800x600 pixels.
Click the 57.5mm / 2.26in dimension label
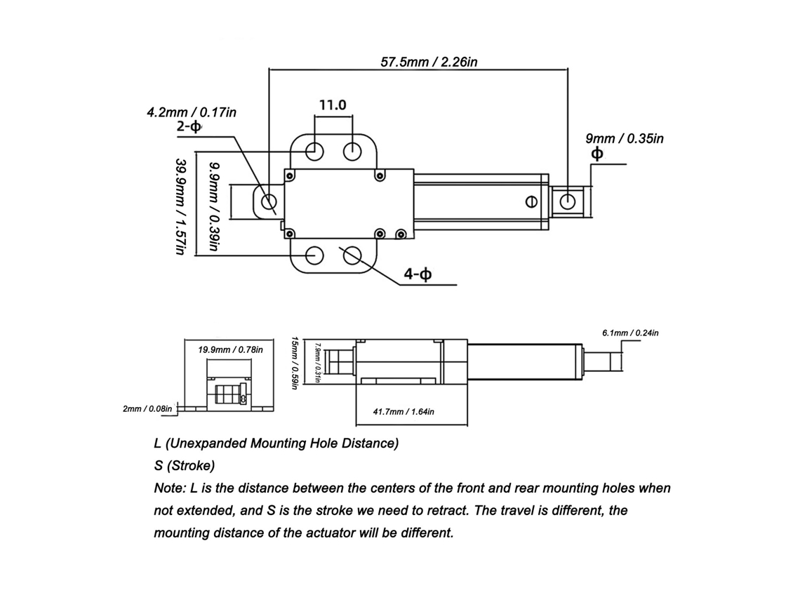(429, 62)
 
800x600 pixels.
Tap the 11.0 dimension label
(332, 105)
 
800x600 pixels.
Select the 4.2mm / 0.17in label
(192, 112)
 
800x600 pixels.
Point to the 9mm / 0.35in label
(624, 138)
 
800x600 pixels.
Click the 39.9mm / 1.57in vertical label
(180, 206)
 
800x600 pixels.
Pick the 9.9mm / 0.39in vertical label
(214, 206)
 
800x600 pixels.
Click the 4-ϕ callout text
(418, 274)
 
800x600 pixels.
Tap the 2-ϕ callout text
(189, 126)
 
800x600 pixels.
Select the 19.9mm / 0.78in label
(231, 349)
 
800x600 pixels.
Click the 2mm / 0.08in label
(147, 408)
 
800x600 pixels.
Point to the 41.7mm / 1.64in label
(404, 411)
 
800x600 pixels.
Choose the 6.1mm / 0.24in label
(630, 333)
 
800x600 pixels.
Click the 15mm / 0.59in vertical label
(295, 362)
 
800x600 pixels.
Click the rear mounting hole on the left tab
(269, 202)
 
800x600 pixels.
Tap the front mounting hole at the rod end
(567, 202)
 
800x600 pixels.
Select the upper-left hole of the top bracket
(315, 151)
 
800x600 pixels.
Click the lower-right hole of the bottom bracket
(352, 255)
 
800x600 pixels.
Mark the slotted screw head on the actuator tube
(531, 202)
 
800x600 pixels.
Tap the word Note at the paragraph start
(169, 488)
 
